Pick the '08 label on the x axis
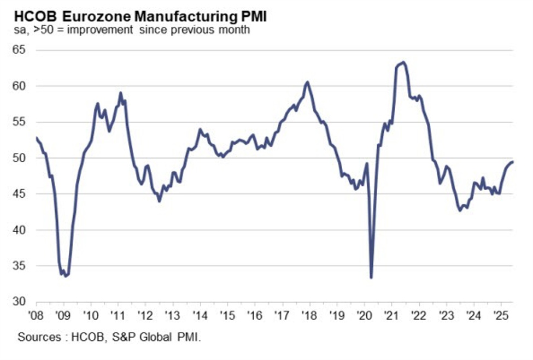tap(36, 315)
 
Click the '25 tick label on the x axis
tap(500, 315)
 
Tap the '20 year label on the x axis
tap(364, 315)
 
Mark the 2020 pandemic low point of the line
tap(372, 278)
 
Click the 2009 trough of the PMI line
tap(66, 276)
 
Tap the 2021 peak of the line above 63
tap(402, 62)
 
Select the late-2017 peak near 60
tap(307, 82)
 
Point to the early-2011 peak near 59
tap(120, 93)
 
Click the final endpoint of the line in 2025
tap(512, 162)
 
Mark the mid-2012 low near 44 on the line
tap(159, 201)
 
